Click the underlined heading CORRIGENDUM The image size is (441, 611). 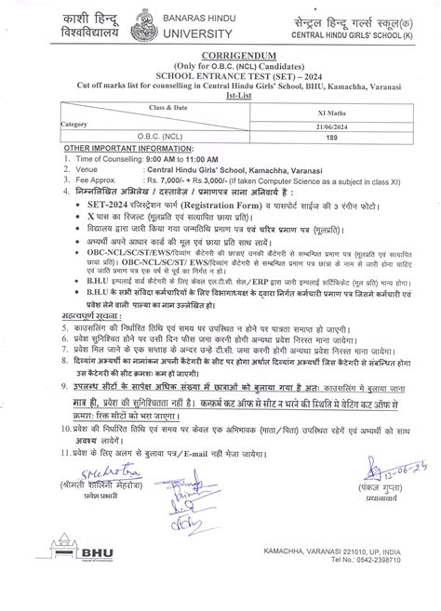pos(220,54)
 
